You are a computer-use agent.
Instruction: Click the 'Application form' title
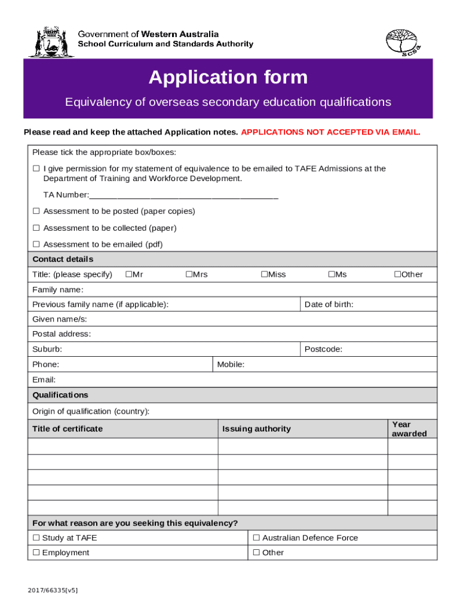228,77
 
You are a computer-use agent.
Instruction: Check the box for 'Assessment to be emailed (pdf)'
36,244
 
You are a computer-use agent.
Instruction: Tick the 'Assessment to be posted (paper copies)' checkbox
36,212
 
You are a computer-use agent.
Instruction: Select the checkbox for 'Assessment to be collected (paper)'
36,228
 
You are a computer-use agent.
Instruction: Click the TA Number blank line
183,195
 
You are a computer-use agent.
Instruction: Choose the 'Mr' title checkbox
128,274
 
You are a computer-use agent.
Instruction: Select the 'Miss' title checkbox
263,274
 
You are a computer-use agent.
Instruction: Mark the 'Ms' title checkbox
330,274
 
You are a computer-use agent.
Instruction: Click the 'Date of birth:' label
329,305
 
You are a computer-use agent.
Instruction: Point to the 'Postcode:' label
323,349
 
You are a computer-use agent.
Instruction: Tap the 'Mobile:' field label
231,365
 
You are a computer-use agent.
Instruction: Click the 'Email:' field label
44,380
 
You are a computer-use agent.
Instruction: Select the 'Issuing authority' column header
256,429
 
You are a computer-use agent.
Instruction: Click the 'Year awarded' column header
409,429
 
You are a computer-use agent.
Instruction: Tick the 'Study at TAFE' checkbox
36,538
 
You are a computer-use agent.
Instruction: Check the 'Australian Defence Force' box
256,538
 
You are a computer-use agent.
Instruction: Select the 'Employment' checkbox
36,553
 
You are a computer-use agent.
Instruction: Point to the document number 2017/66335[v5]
53,590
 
